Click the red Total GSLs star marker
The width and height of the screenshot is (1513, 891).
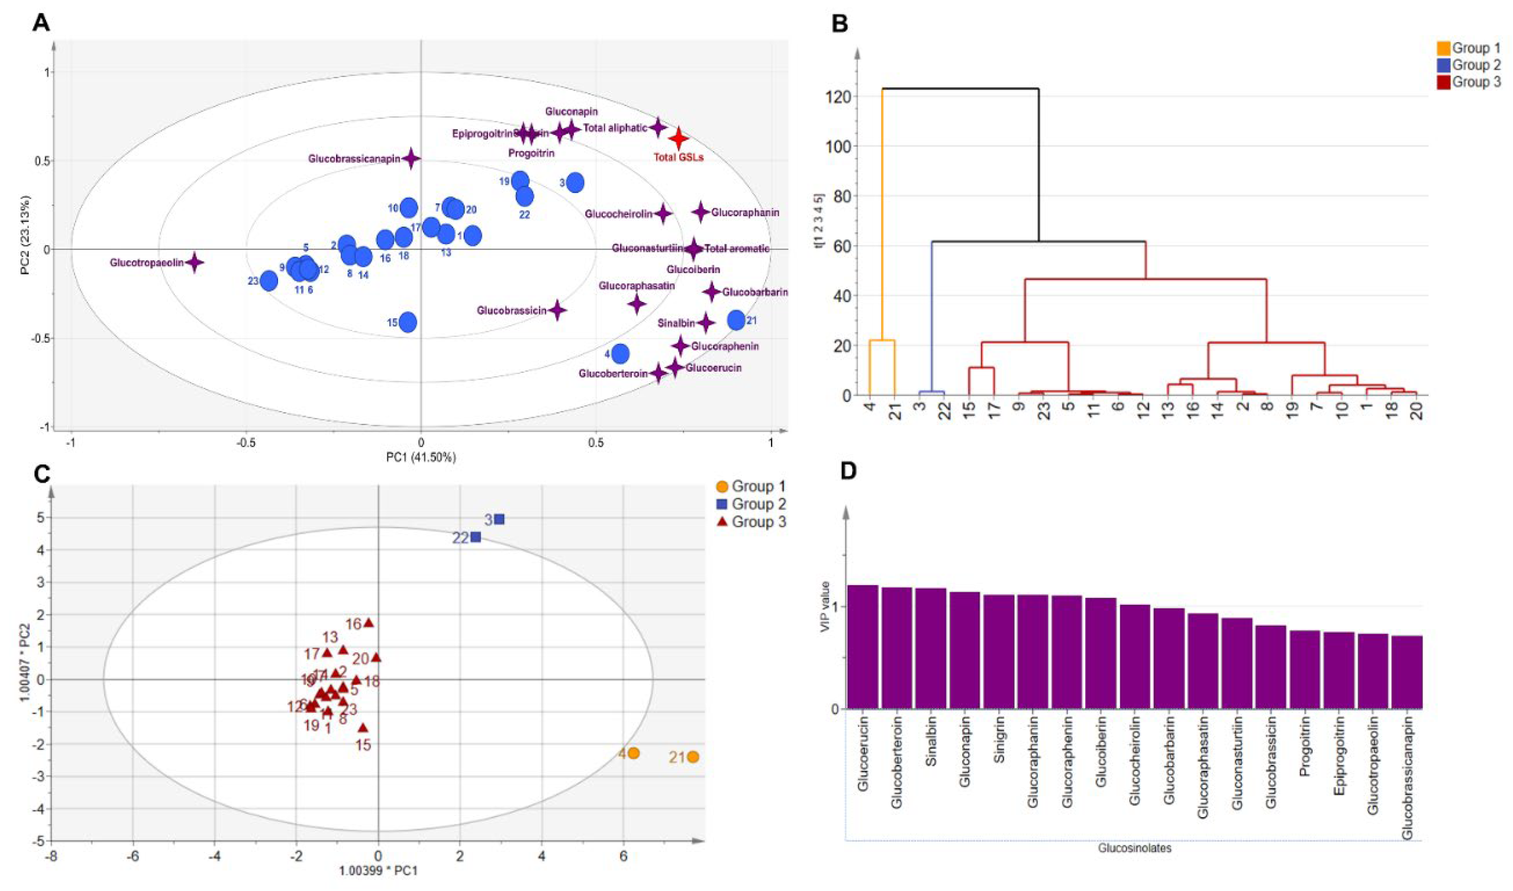[678, 138]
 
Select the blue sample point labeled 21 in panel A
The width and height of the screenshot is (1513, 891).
[736, 320]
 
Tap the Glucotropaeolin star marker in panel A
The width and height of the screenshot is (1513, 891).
[194, 262]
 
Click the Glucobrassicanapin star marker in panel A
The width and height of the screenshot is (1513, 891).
[412, 159]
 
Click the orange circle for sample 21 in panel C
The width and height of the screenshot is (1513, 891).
[693, 757]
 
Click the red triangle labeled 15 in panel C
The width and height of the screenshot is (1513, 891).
[363, 728]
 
